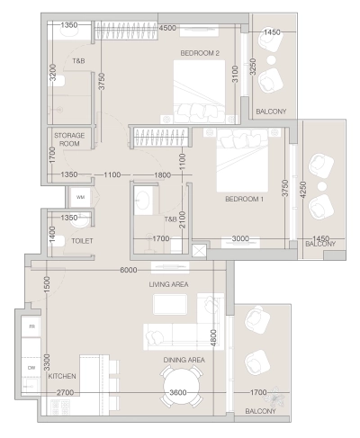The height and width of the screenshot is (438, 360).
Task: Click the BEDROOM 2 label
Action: click(200, 53)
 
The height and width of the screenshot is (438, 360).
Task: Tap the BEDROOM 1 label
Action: click(244, 199)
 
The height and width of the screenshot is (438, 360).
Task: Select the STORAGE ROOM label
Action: click(68, 139)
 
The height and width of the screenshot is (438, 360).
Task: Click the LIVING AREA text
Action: click(168, 284)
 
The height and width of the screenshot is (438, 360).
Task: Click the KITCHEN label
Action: click(62, 376)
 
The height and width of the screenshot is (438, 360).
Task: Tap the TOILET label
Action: click(83, 241)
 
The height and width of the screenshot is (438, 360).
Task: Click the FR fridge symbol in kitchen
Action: click(31, 326)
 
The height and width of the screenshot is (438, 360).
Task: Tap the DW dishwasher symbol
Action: click(31, 367)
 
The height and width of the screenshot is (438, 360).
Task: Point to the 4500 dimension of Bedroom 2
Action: click(166, 28)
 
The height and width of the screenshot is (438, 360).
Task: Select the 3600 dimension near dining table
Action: click(178, 393)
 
